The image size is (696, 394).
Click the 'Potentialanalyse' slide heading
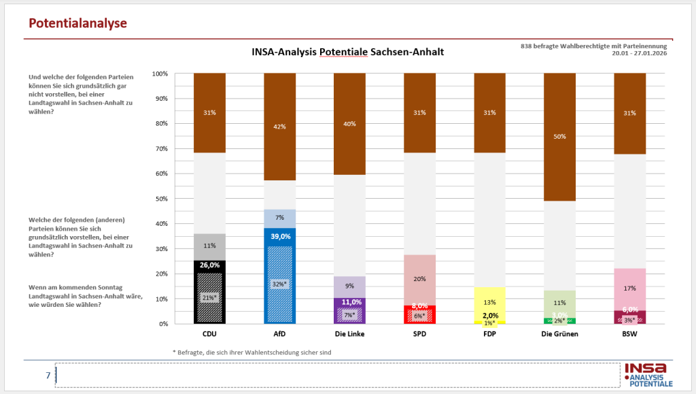coord(77,24)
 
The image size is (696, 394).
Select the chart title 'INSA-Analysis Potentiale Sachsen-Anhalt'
coord(347,52)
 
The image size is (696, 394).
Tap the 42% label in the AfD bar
coord(279,126)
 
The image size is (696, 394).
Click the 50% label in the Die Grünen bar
coord(559,137)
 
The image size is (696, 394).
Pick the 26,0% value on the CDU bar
coord(209,265)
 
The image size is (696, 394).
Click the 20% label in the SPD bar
coord(419,279)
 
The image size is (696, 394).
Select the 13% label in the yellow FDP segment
coord(489,302)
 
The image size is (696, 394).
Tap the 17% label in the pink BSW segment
coord(629,288)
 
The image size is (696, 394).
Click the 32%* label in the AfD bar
coord(279,284)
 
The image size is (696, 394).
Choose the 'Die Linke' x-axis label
coord(349,335)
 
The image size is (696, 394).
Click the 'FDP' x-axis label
coord(489,335)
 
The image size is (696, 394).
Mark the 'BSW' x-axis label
coord(629,335)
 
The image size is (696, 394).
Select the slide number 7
coord(48,375)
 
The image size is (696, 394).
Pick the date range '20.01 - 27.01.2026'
coord(639,53)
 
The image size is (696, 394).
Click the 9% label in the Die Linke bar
coord(349,286)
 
